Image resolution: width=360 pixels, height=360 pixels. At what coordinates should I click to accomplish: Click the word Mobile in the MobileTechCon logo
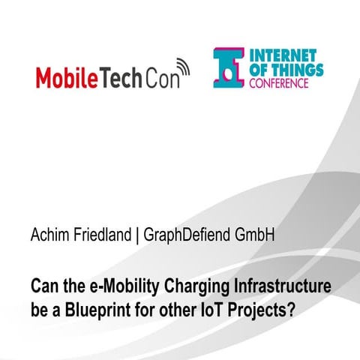click(x=67, y=76)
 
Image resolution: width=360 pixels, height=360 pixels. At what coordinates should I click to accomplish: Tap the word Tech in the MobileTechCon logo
click(x=119, y=76)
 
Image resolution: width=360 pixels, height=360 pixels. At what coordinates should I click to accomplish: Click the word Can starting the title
click(x=42, y=286)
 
